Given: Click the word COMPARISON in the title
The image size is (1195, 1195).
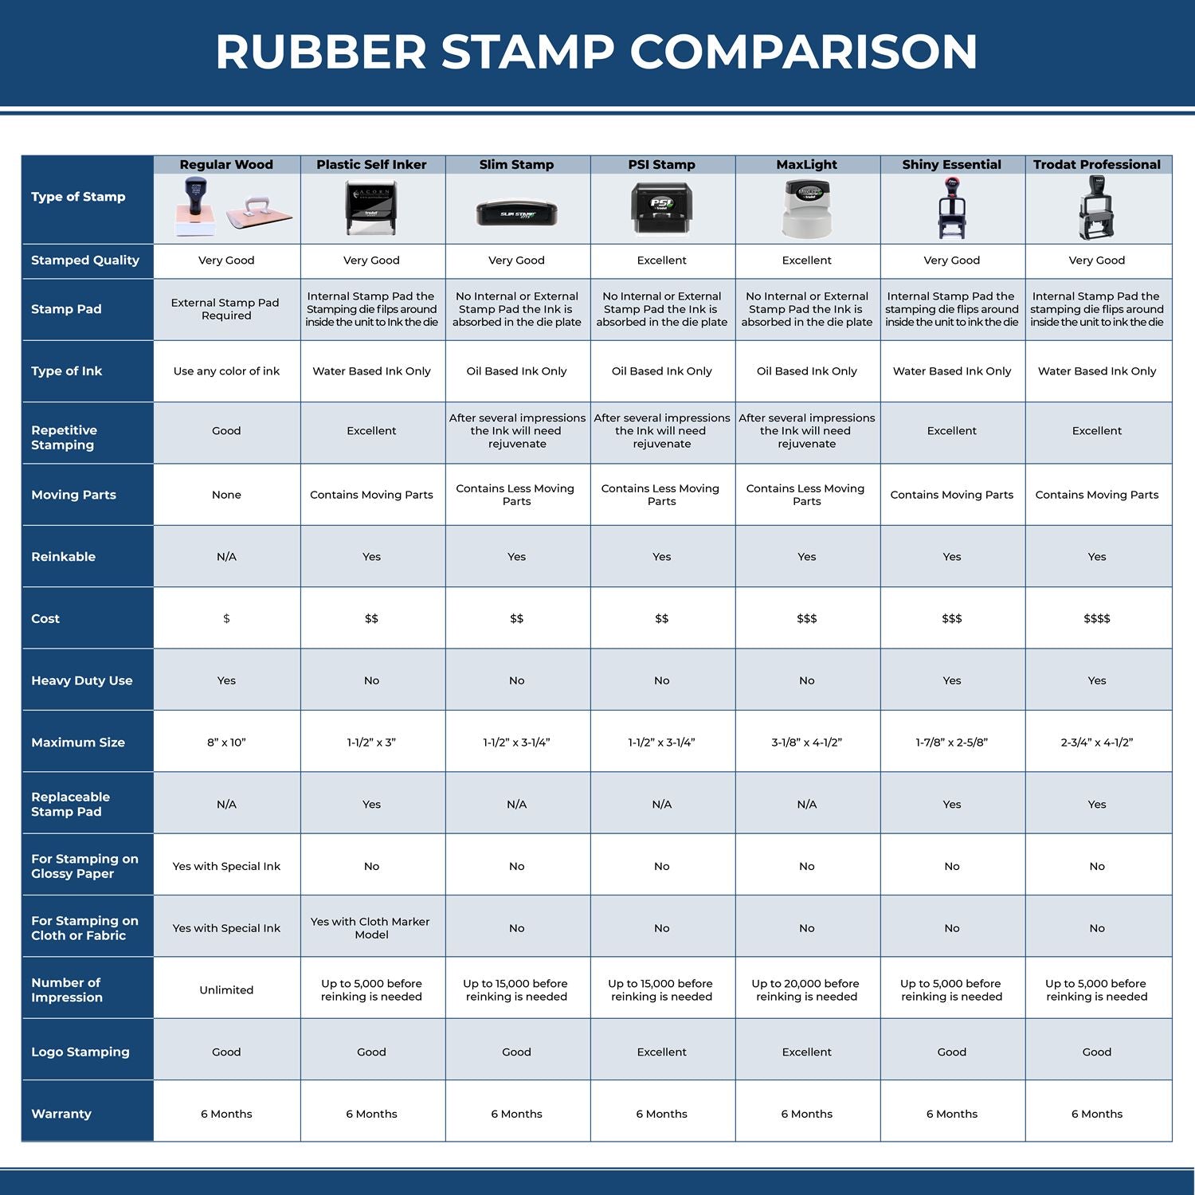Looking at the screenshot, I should (x=803, y=53).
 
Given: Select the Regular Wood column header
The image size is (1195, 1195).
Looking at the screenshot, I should (x=226, y=165).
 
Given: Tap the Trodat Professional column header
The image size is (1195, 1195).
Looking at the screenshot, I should (x=1097, y=165).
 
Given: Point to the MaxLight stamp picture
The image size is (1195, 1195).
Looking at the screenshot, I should (x=806, y=209).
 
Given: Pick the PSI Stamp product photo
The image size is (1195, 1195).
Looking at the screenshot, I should (x=661, y=208).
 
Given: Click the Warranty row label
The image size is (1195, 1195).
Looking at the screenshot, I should (x=61, y=1114).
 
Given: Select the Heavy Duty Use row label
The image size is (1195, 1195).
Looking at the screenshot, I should (x=82, y=680).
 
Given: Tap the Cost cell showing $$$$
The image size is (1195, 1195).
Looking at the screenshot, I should (x=1097, y=619).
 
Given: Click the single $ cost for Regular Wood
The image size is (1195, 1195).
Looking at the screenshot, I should (x=226, y=619).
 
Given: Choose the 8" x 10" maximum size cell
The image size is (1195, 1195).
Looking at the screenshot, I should (x=226, y=742).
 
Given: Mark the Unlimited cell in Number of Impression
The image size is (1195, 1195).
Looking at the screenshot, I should (x=226, y=990).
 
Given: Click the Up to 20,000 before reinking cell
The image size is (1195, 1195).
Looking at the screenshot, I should (x=806, y=990).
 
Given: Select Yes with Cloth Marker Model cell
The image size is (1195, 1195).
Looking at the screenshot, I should (x=371, y=928).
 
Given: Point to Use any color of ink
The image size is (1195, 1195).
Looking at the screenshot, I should (x=226, y=371).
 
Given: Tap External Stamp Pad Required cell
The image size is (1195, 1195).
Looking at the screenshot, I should (x=226, y=309).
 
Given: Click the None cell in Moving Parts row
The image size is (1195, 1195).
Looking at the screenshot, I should (x=226, y=495).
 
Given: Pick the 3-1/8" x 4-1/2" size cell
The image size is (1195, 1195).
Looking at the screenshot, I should (x=806, y=742).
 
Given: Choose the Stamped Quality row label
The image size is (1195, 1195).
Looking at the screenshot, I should (x=85, y=261).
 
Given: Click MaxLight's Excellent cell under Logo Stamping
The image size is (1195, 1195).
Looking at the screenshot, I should (x=806, y=1052).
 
